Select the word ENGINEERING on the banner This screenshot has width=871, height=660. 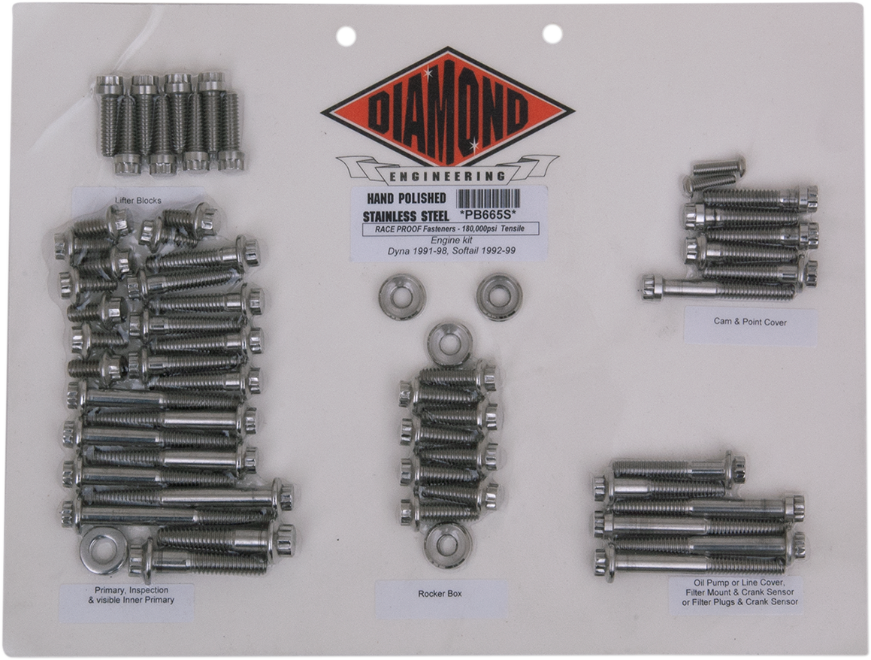click(448, 176)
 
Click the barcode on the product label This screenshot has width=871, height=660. click(488, 199)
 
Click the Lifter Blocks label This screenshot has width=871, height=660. click(138, 201)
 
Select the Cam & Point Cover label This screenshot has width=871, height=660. click(749, 321)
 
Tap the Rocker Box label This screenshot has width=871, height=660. click(440, 593)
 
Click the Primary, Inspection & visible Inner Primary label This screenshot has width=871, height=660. click(125, 595)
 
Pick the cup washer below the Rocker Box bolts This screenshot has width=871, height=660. click(448, 544)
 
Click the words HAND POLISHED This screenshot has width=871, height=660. click(405, 198)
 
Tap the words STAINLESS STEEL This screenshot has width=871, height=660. click(406, 216)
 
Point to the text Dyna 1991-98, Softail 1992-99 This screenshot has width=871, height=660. click(448, 250)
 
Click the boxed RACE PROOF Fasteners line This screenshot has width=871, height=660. click(448, 229)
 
